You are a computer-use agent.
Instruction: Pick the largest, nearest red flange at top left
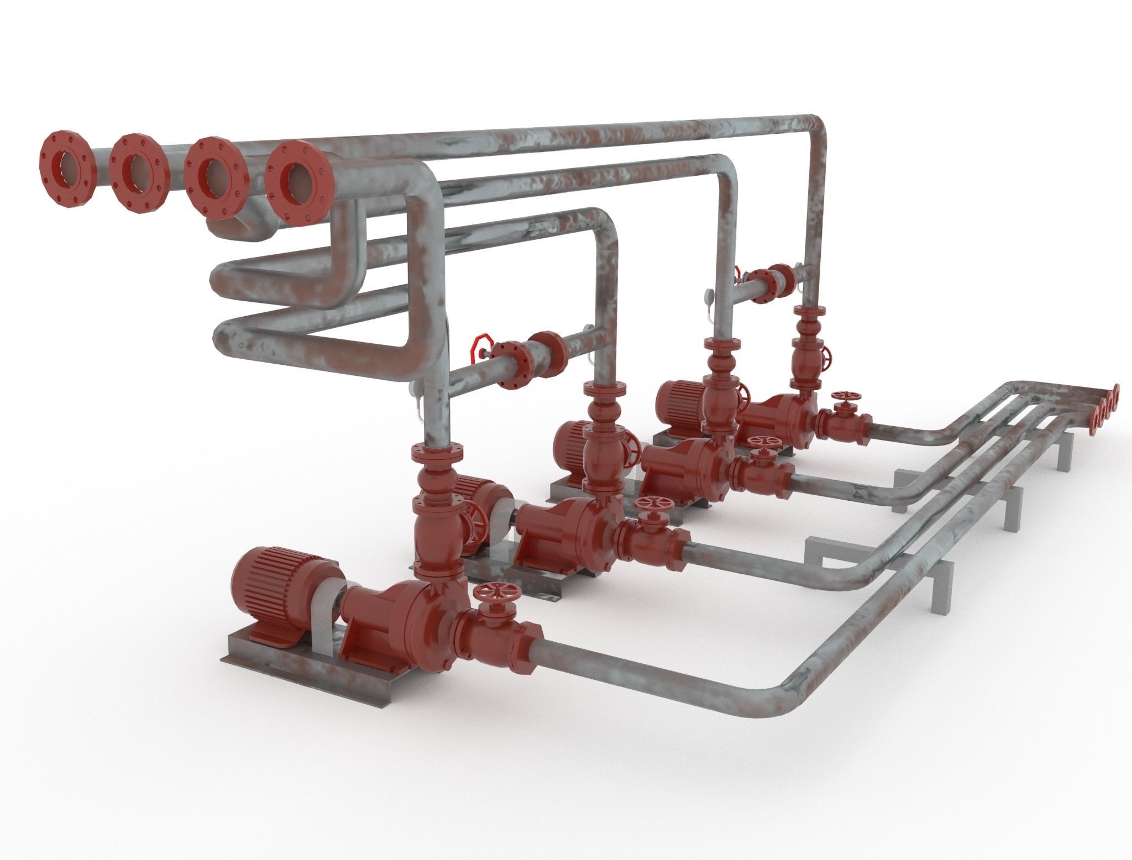pyautogui.click(x=298, y=181)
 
